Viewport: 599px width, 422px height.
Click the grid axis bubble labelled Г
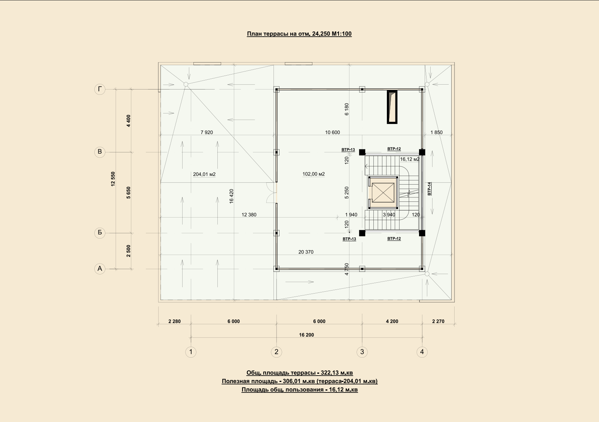tap(100, 89)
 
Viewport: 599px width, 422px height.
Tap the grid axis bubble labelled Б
tap(100, 233)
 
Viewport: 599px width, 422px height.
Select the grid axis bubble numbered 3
tap(362, 352)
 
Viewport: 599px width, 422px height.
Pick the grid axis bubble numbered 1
tap(191, 352)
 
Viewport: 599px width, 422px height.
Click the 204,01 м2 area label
tap(204, 174)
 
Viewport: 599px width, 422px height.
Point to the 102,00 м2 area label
tap(314, 174)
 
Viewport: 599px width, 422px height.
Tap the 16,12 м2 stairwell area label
tap(410, 159)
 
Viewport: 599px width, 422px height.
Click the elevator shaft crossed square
tap(383, 193)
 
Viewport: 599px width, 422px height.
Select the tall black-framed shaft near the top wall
tap(392, 107)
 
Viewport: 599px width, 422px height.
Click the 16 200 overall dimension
tap(306, 335)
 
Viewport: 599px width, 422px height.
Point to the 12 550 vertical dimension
tap(113, 179)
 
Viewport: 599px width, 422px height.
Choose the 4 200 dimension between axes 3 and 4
tap(392, 321)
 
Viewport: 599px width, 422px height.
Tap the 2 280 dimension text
tap(175, 321)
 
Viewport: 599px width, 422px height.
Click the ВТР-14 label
tap(429, 189)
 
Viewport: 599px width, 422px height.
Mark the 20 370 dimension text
tap(306, 252)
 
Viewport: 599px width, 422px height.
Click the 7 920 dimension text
tap(207, 132)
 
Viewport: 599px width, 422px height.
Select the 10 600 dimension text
tap(332, 132)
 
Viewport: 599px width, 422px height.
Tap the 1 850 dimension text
tap(436, 132)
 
